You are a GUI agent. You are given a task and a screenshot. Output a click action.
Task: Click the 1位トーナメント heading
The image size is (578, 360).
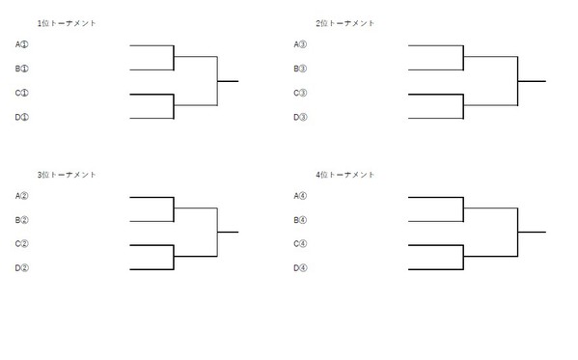click(x=67, y=22)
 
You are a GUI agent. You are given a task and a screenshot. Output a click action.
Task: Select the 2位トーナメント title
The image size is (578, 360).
click(x=345, y=22)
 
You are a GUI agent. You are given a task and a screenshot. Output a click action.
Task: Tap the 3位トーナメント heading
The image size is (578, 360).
click(x=67, y=175)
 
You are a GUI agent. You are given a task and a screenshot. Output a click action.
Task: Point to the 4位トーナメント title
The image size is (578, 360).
click(x=345, y=175)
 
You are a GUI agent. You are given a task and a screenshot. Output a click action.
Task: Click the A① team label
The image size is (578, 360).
click(x=22, y=44)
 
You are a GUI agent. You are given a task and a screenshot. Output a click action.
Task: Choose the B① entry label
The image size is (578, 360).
click(x=22, y=69)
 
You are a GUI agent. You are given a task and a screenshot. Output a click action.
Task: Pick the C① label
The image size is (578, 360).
click(x=22, y=94)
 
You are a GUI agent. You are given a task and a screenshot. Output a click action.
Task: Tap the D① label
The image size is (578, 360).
click(x=22, y=118)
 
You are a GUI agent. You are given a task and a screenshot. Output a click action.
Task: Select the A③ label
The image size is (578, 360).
click(x=301, y=44)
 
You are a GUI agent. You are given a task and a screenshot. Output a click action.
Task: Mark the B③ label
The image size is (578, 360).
click(x=301, y=69)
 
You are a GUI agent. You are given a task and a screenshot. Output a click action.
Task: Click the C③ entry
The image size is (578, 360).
click(x=301, y=94)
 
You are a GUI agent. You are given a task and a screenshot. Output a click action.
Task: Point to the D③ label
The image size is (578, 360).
click(x=301, y=118)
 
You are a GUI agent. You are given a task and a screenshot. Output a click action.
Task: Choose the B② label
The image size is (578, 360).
click(x=22, y=220)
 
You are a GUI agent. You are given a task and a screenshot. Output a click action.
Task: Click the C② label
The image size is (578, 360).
click(x=22, y=244)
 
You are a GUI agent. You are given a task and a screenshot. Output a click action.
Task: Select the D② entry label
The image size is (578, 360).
click(x=22, y=268)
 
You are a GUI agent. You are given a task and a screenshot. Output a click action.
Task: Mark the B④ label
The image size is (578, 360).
click(x=301, y=220)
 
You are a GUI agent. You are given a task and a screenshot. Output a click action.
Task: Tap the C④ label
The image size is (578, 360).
click(x=301, y=244)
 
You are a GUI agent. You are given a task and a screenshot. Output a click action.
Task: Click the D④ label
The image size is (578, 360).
click(x=301, y=268)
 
